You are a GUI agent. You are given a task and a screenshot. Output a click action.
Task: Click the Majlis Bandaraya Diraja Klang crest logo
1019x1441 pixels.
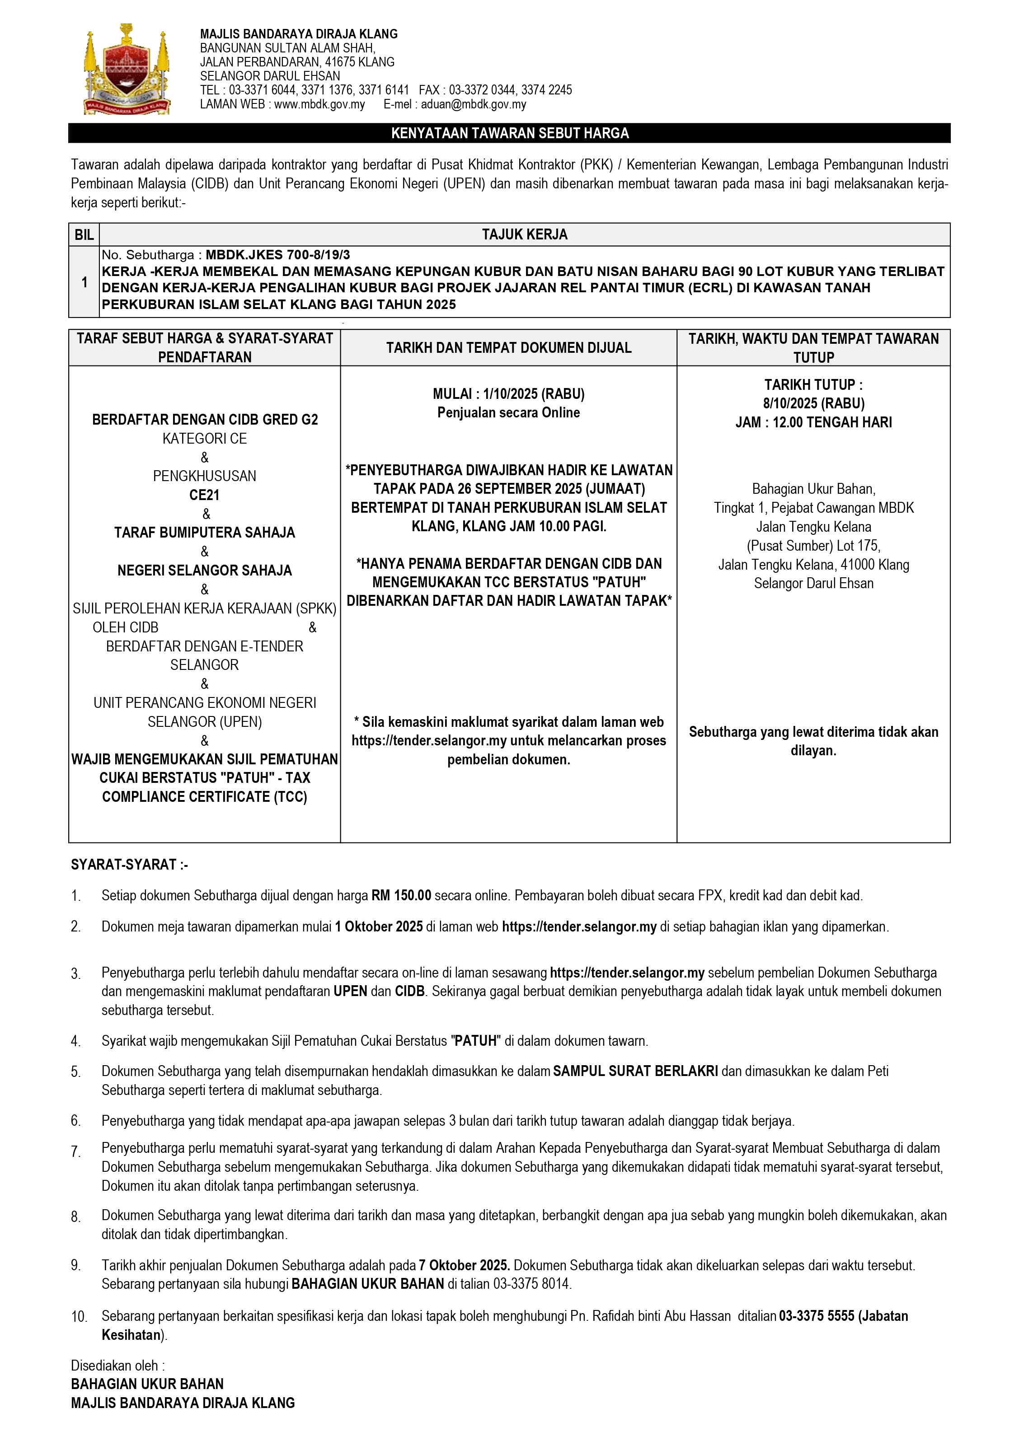pyautogui.click(x=127, y=69)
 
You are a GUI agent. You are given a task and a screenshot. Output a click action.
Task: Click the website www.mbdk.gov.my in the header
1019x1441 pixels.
pyautogui.click(x=319, y=104)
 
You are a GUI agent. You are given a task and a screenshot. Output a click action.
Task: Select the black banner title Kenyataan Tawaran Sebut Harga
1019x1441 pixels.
pyautogui.click(x=509, y=133)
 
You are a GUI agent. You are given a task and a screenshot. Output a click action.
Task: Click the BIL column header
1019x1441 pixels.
pyautogui.click(x=84, y=235)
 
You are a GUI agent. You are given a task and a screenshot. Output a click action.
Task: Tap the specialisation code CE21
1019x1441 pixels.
pyautogui.click(x=205, y=495)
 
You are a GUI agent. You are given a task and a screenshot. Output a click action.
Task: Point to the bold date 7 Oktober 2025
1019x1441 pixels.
pyautogui.click(x=464, y=1265)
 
